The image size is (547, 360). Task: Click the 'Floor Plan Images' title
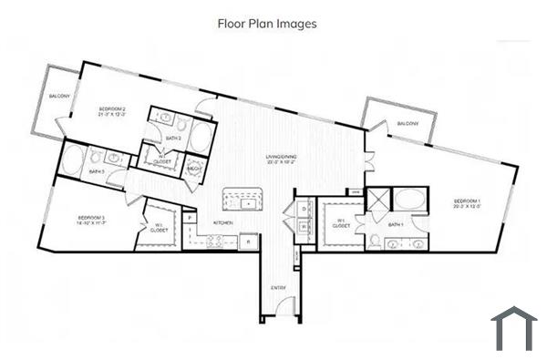pos(267,24)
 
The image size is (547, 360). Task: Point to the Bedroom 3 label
pos(92,220)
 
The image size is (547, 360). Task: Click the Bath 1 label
pos(396,225)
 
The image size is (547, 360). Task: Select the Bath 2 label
pos(173,139)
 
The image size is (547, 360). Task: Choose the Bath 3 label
pos(96,170)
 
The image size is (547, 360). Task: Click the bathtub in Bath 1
pos(409,201)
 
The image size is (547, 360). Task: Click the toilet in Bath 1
pos(376,242)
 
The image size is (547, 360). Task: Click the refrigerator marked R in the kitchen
pos(248,242)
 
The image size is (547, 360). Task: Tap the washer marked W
pos(304,226)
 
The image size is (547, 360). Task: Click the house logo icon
pos(513,329)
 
